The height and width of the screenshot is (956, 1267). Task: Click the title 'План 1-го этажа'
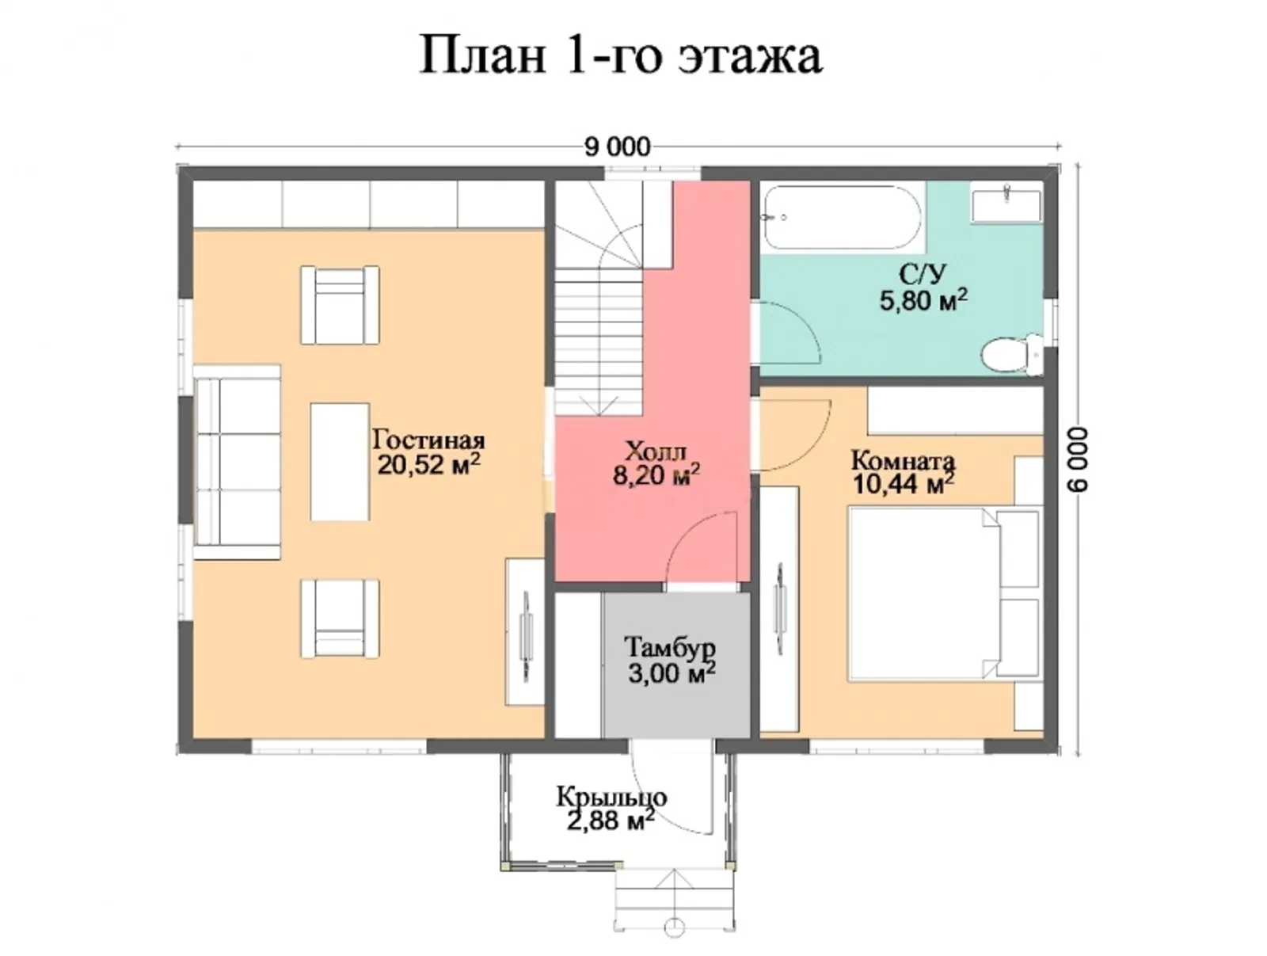click(620, 56)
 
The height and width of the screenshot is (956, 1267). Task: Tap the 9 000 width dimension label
click(617, 147)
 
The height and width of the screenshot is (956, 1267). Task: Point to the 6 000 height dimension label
click(1078, 459)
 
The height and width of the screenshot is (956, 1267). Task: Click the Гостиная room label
click(428, 440)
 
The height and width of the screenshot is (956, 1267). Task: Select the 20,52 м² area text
click(428, 465)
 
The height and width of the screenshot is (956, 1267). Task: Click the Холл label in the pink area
click(656, 452)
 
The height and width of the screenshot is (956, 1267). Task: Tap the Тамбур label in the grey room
click(670, 648)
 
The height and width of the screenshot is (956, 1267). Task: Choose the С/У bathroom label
click(923, 275)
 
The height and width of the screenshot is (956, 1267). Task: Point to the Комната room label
click(903, 460)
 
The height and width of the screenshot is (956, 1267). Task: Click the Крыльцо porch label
click(611, 796)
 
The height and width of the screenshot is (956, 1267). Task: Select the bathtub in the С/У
click(841, 217)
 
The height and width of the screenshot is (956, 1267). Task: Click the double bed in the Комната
click(942, 594)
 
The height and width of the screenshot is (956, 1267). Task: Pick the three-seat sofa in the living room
click(237, 462)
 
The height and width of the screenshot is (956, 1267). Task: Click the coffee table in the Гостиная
click(340, 462)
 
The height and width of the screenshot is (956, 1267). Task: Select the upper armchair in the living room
click(340, 305)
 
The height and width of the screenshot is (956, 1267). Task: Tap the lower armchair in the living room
click(340, 618)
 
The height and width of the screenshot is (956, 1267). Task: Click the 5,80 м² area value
click(923, 300)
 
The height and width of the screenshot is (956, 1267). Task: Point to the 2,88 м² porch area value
click(610, 821)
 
